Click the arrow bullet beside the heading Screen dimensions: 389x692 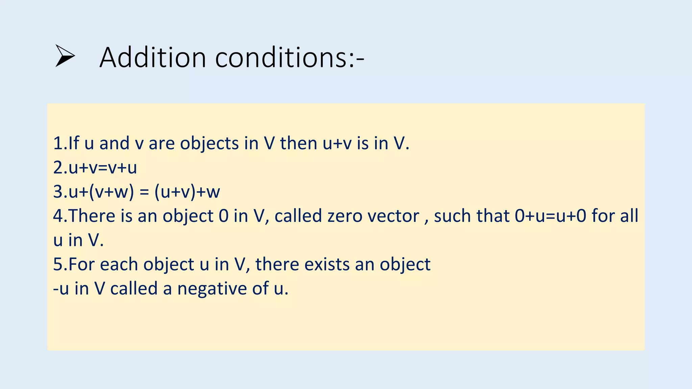[65, 56]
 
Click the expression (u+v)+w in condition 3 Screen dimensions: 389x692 [187, 192]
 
